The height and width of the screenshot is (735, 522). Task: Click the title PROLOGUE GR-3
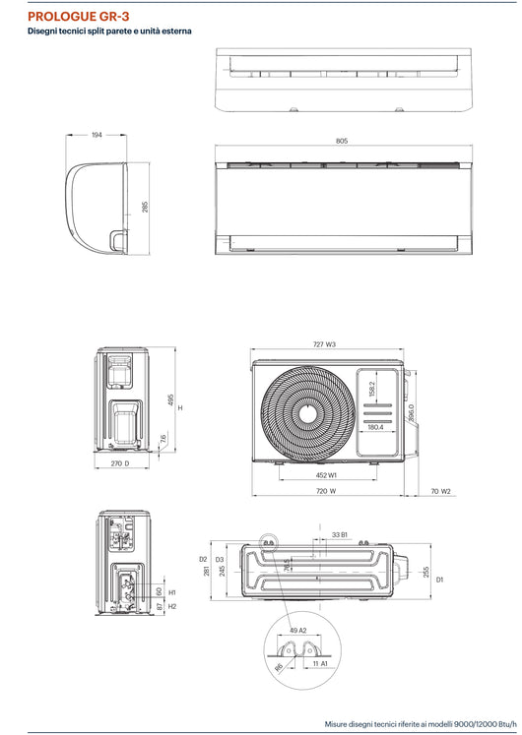[x=79, y=17]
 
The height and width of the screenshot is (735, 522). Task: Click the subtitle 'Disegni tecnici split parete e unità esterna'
[x=109, y=32]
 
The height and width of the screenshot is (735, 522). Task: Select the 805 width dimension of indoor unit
[x=342, y=142]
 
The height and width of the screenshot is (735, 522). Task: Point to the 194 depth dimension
[x=97, y=135]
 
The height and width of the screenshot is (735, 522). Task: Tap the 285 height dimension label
[x=146, y=208]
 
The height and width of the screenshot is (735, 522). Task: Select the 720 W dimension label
[x=325, y=490]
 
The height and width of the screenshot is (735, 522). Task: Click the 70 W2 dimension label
[x=440, y=490]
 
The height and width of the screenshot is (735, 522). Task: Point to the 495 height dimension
[x=169, y=399]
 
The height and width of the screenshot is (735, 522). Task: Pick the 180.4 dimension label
[x=375, y=427]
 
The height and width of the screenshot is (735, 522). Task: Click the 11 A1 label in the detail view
[x=320, y=665]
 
